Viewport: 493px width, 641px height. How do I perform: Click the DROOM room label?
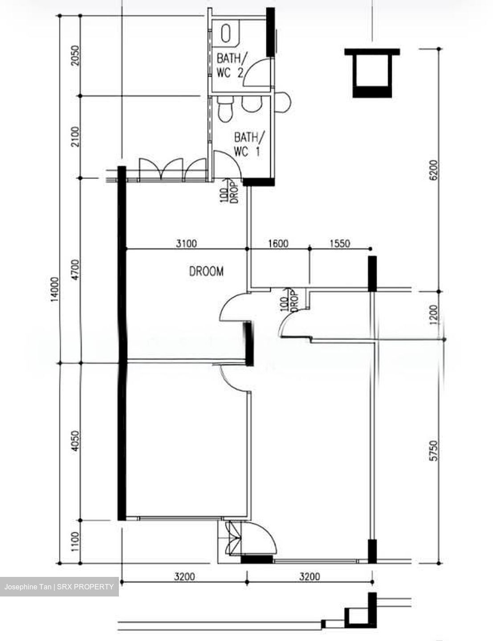(206, 271)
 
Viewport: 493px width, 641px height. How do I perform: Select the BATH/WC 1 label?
(249, 145)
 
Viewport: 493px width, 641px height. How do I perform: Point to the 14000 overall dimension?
(55, 289)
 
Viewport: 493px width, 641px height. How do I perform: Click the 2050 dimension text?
(76, 56)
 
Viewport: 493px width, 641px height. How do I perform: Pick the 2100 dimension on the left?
(76, 137)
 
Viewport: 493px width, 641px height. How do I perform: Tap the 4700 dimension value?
(76, 270)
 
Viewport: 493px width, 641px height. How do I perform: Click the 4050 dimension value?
(76, 441)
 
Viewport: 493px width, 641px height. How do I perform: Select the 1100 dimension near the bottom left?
(76, 542)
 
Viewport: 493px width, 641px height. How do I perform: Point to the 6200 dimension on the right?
(434, 170)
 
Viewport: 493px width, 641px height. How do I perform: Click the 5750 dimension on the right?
(434, 450)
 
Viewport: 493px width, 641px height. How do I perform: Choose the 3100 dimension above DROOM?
(186, 243)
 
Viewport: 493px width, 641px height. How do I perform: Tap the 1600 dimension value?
(278, 243)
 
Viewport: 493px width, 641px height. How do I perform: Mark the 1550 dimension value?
(340, 243)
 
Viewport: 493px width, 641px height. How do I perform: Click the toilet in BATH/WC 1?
(225, 109)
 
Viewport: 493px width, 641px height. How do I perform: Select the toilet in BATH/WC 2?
(226, 33)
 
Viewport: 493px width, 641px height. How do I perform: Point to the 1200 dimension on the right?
(434, 315)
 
